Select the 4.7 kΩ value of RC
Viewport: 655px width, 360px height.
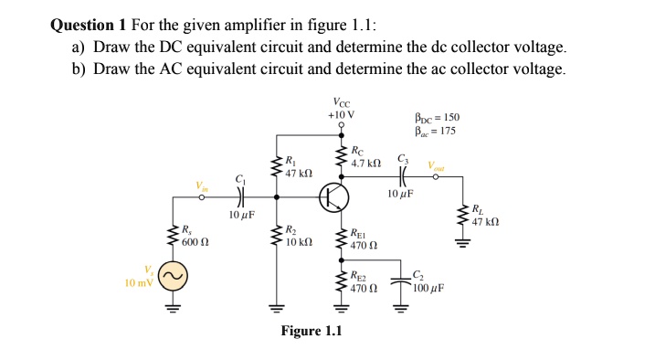pyautogui.click(x=367, y=164)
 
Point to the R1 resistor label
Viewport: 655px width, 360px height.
pyautogui.click(x=291, y=160)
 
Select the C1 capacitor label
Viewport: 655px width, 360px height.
pyautogui.click(x=241, y=178)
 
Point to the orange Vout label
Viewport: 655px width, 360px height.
pyautogui.click(x=437, y=166)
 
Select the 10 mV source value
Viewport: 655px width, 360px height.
pyautogui.click(x=140, y=282)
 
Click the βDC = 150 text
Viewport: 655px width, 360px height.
pyautogui.click(x=435, y=118)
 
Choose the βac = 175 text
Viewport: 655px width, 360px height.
pyautogui.click(x=434, y=131)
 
